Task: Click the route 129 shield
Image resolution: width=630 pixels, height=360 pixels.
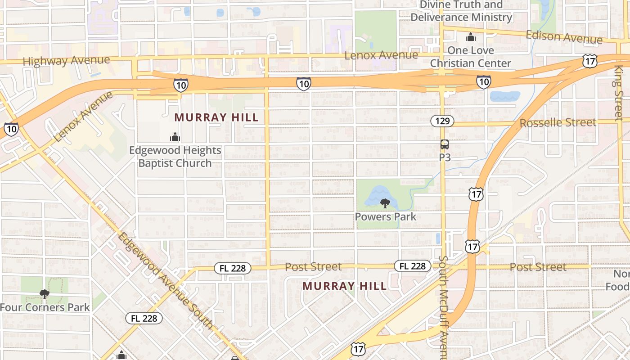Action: pos(442,121)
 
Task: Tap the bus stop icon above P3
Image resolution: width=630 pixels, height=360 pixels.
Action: pos(445,144)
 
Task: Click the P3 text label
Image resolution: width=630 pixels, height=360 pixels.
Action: pos(445,157)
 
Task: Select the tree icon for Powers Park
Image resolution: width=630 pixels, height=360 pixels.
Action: pos(385,203)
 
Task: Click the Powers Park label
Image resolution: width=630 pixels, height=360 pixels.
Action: pos(386,216)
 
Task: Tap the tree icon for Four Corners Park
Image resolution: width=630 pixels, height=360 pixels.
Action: pos(44,294)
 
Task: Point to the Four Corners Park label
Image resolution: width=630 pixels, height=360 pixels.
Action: pos(45,307)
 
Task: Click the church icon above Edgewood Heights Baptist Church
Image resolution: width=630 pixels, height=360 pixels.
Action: pos(175,137)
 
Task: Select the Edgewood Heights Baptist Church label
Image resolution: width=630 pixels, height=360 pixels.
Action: pos(175,157)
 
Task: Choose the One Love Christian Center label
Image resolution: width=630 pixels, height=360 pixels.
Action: pos(470,57)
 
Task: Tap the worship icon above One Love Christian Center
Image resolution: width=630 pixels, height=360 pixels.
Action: pos(471,37)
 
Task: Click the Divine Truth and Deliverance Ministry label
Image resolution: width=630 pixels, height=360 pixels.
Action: pos(461,11)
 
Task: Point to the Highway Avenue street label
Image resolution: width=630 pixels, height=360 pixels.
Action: pos(66,60)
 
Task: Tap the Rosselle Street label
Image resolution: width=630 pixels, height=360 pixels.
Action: pos(558,123)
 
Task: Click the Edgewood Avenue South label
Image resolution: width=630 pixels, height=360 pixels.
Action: pos(165,281)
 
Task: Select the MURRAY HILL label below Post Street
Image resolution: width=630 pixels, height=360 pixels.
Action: pos(344,286)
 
